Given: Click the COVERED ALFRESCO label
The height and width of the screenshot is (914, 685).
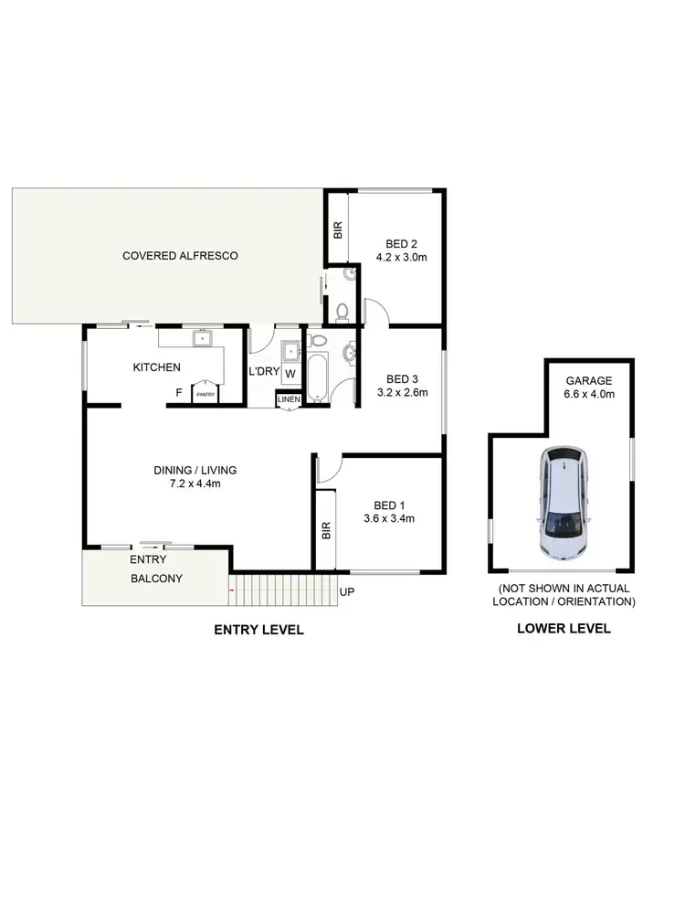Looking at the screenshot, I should pyautogui.click(x=180, y=256).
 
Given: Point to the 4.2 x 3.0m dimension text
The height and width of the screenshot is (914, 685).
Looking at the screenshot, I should pyautogui.click(x=402, y=258).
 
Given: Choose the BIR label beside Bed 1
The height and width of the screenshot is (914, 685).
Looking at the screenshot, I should pyautogui.click(x=326, y=531).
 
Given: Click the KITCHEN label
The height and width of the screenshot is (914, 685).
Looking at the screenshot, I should pyautogui.click(x=156, y=367).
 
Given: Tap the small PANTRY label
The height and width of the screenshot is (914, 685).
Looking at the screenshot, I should pyautogui.click(x=204, y=394).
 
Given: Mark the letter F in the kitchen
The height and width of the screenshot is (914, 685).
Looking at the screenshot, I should pyautogui.click(x=179, y=394).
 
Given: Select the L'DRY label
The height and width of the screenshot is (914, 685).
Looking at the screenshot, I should pyautogui.click(x=263, y=373).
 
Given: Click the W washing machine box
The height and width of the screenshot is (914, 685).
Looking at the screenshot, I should pyautogui.click(x=290, y=374).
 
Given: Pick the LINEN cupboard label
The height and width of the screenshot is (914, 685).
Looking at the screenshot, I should pyautogui.click(x=288, y=399).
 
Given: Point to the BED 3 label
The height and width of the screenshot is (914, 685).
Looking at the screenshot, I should pyautogui.click(x=402, y=379).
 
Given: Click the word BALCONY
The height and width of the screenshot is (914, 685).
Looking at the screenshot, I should pyautogui.click(x=156, y=579).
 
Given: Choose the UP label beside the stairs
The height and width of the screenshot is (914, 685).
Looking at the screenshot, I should pyautogui.click(x=347, y=592).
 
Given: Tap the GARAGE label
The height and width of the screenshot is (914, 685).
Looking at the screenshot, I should pyautogui.click(x=588, y=381).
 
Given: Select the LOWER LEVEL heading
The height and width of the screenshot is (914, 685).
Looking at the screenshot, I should pyautogui.click(x=564, y=629).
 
